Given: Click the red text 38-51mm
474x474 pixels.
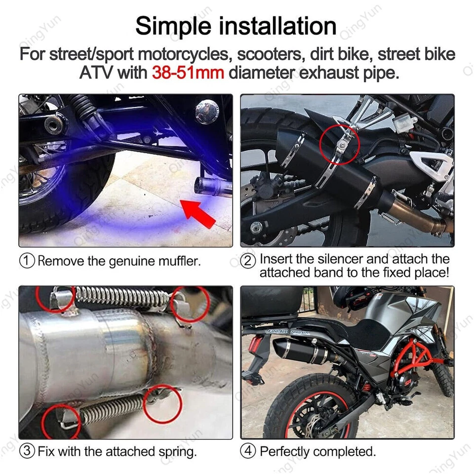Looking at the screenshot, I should point(188,73).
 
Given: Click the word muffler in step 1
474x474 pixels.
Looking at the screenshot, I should point(178,261).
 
